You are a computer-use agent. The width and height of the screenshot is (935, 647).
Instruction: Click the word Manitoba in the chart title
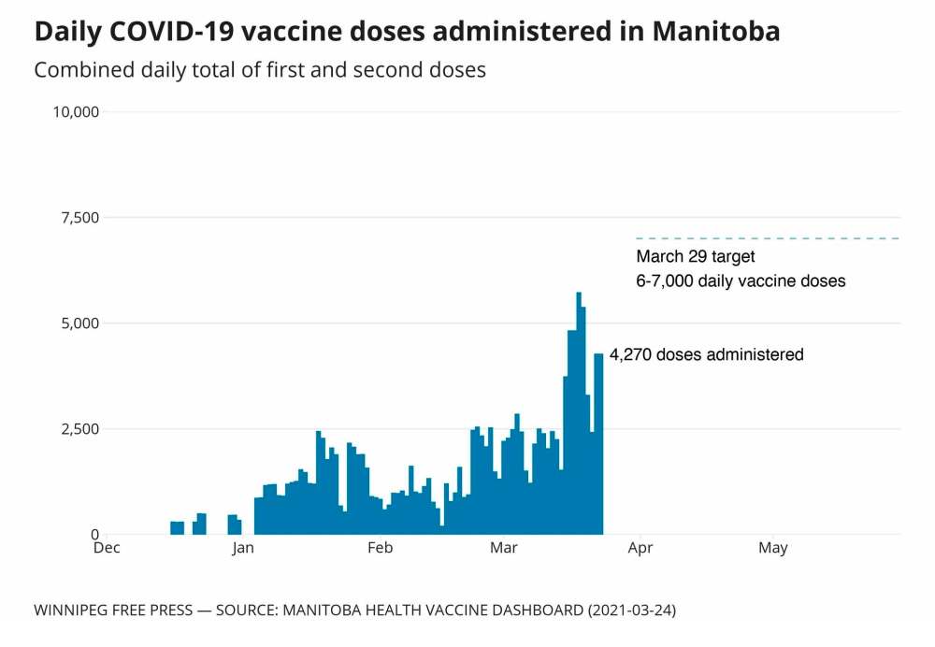pyautogui.click(x=715, y=31)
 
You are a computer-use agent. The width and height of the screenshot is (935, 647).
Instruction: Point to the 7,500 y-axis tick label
pyautogui.click(x=79, y=218)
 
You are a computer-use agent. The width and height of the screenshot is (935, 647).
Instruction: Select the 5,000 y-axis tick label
pyautogui.click(x=79, y=323)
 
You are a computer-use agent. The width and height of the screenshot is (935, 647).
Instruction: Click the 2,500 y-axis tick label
pyautogui.click(x=79, y=429)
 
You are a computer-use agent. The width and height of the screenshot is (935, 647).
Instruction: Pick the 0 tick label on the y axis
pyautogui.click(x=94, y=535)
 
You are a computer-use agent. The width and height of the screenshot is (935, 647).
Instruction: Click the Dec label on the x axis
pyautogui.click(x=107, y=548)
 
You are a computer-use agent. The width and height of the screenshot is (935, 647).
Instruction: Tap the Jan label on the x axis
pyautogui.click(x=243, y=548)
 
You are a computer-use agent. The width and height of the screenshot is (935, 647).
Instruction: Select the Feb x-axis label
pyautogui.click(x=380, y=548)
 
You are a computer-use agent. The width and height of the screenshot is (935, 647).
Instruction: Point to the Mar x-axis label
pyautogui.click(x=503, y=548)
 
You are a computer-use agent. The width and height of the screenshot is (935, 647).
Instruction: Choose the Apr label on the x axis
pyautogui.click(x=640, y=548)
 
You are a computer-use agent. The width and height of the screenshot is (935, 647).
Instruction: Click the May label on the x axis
pyautogui.click(x=773, y=548)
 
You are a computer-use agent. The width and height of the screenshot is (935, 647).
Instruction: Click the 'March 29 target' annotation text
pyautogui.click(x=696, y=256)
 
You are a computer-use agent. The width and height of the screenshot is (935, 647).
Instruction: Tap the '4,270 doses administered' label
pyautogui.click(x=706, y=354)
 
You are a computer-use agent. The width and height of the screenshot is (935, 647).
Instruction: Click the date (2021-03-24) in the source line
pyautogui.click(x=631, y=611)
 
